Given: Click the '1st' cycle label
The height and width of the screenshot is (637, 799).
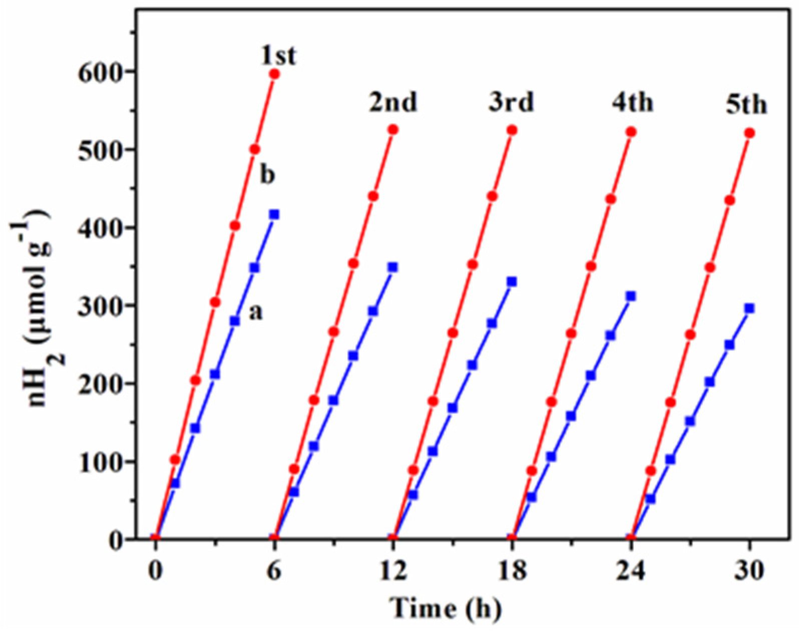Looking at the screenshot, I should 278,56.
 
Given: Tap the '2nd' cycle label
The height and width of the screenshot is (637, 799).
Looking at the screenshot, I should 393,103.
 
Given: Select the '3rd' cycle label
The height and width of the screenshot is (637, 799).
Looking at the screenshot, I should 511,103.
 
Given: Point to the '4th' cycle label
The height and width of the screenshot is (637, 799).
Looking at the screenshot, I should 632,103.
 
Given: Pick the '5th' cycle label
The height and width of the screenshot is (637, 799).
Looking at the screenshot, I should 746,106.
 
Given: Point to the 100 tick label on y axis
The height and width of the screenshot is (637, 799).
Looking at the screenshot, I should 100,461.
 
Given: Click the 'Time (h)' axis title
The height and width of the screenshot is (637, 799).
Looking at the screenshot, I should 445,609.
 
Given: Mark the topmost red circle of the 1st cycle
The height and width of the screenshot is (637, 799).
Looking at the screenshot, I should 274,74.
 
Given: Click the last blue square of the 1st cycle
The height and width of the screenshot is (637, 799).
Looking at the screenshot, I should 274,214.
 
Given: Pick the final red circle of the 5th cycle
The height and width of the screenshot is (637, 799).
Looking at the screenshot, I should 749,133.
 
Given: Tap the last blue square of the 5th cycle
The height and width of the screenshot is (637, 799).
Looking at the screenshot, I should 749,308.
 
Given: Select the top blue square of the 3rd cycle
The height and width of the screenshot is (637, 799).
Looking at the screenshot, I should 512,282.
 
